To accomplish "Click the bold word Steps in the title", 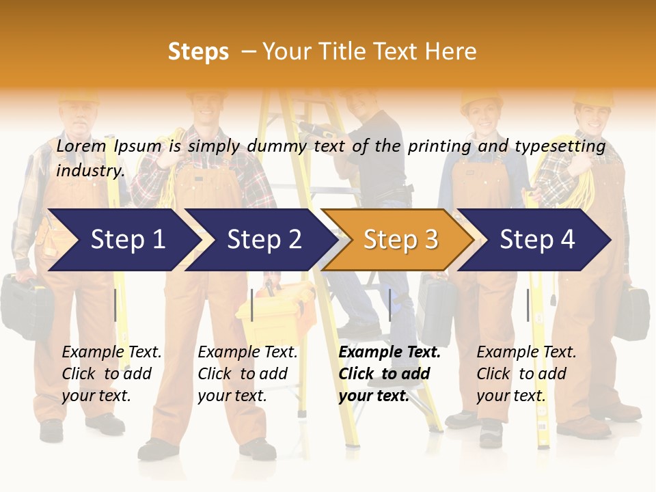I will pos(198,52).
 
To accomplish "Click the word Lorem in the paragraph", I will pos(81,146).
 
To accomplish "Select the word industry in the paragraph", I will pos(90,171).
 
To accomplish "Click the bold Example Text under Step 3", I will pos(389,353).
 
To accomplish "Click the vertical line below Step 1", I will pos(115,305).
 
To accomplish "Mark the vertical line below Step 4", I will pos(528,305).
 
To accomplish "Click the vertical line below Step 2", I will pos(252,305).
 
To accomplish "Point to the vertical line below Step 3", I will pos(389,305).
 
